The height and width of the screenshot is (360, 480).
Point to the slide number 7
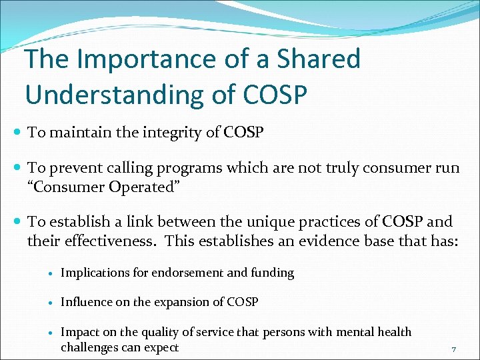(x=454, y=350)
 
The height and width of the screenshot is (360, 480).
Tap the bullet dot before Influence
(x=51, y=303)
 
